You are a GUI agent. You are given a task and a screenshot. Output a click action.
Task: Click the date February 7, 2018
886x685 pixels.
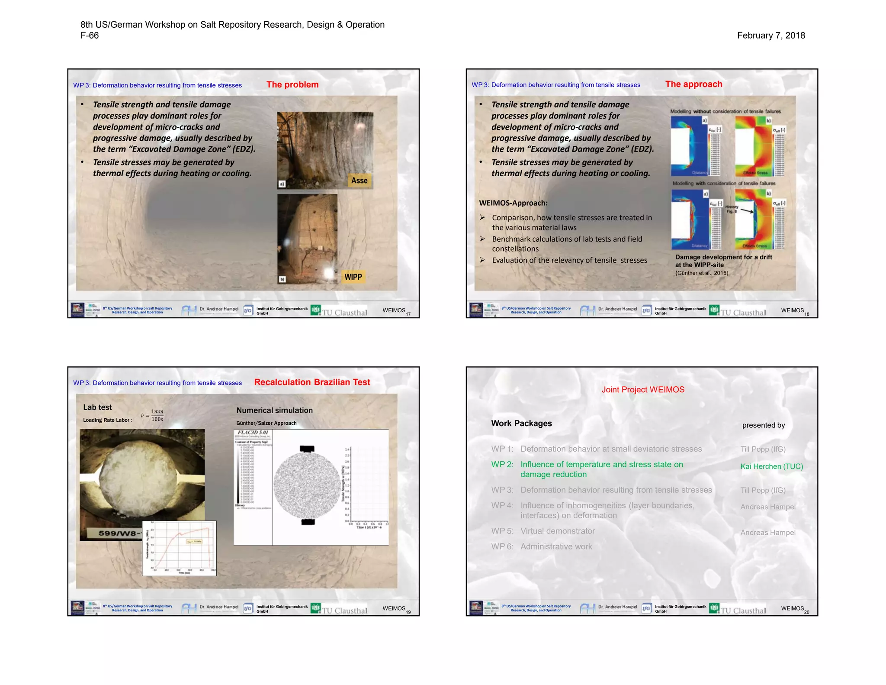[x=770, y=36]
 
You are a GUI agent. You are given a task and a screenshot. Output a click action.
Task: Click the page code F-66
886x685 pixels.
[x=90, y=36]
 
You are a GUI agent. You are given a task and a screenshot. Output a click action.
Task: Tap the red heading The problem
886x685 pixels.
[x=292, y=85]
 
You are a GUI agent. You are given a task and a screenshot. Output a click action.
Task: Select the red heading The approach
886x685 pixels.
[x=693, y=84]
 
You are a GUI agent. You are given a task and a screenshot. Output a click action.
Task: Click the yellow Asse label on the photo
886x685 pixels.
[x=359, y=181]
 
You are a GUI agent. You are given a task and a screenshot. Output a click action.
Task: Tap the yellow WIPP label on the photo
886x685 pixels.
[x=353, y=277]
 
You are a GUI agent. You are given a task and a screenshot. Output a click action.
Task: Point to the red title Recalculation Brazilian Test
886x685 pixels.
[x=312, y=382]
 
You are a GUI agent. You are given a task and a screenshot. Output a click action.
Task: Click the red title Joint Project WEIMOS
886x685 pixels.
[x=642, y=390]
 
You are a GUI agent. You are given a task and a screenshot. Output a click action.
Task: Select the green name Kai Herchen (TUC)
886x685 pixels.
[x=771, y=466]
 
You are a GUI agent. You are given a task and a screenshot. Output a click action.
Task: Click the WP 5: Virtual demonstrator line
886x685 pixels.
[x=543, y=531]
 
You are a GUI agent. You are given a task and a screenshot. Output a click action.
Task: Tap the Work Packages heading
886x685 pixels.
[x=521, y=423]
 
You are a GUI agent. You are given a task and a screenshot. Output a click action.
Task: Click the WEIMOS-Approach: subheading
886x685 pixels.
[x=513, y=203]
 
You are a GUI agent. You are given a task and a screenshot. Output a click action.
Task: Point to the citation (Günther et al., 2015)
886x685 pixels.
[x=701, y=273]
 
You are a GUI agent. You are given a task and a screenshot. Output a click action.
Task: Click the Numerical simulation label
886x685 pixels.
[x=274, y=410]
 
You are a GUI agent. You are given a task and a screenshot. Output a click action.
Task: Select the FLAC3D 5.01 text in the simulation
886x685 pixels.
[x=253, y=433]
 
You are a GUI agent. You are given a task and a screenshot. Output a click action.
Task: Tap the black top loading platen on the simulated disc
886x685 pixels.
[x=307, y=449]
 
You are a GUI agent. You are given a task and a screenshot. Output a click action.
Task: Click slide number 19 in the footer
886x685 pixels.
[x=408, y=612]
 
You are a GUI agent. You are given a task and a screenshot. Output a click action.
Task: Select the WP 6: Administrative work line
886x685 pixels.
[x=541, y=546]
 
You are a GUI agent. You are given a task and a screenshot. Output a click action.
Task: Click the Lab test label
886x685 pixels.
[x=97, y=407]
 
